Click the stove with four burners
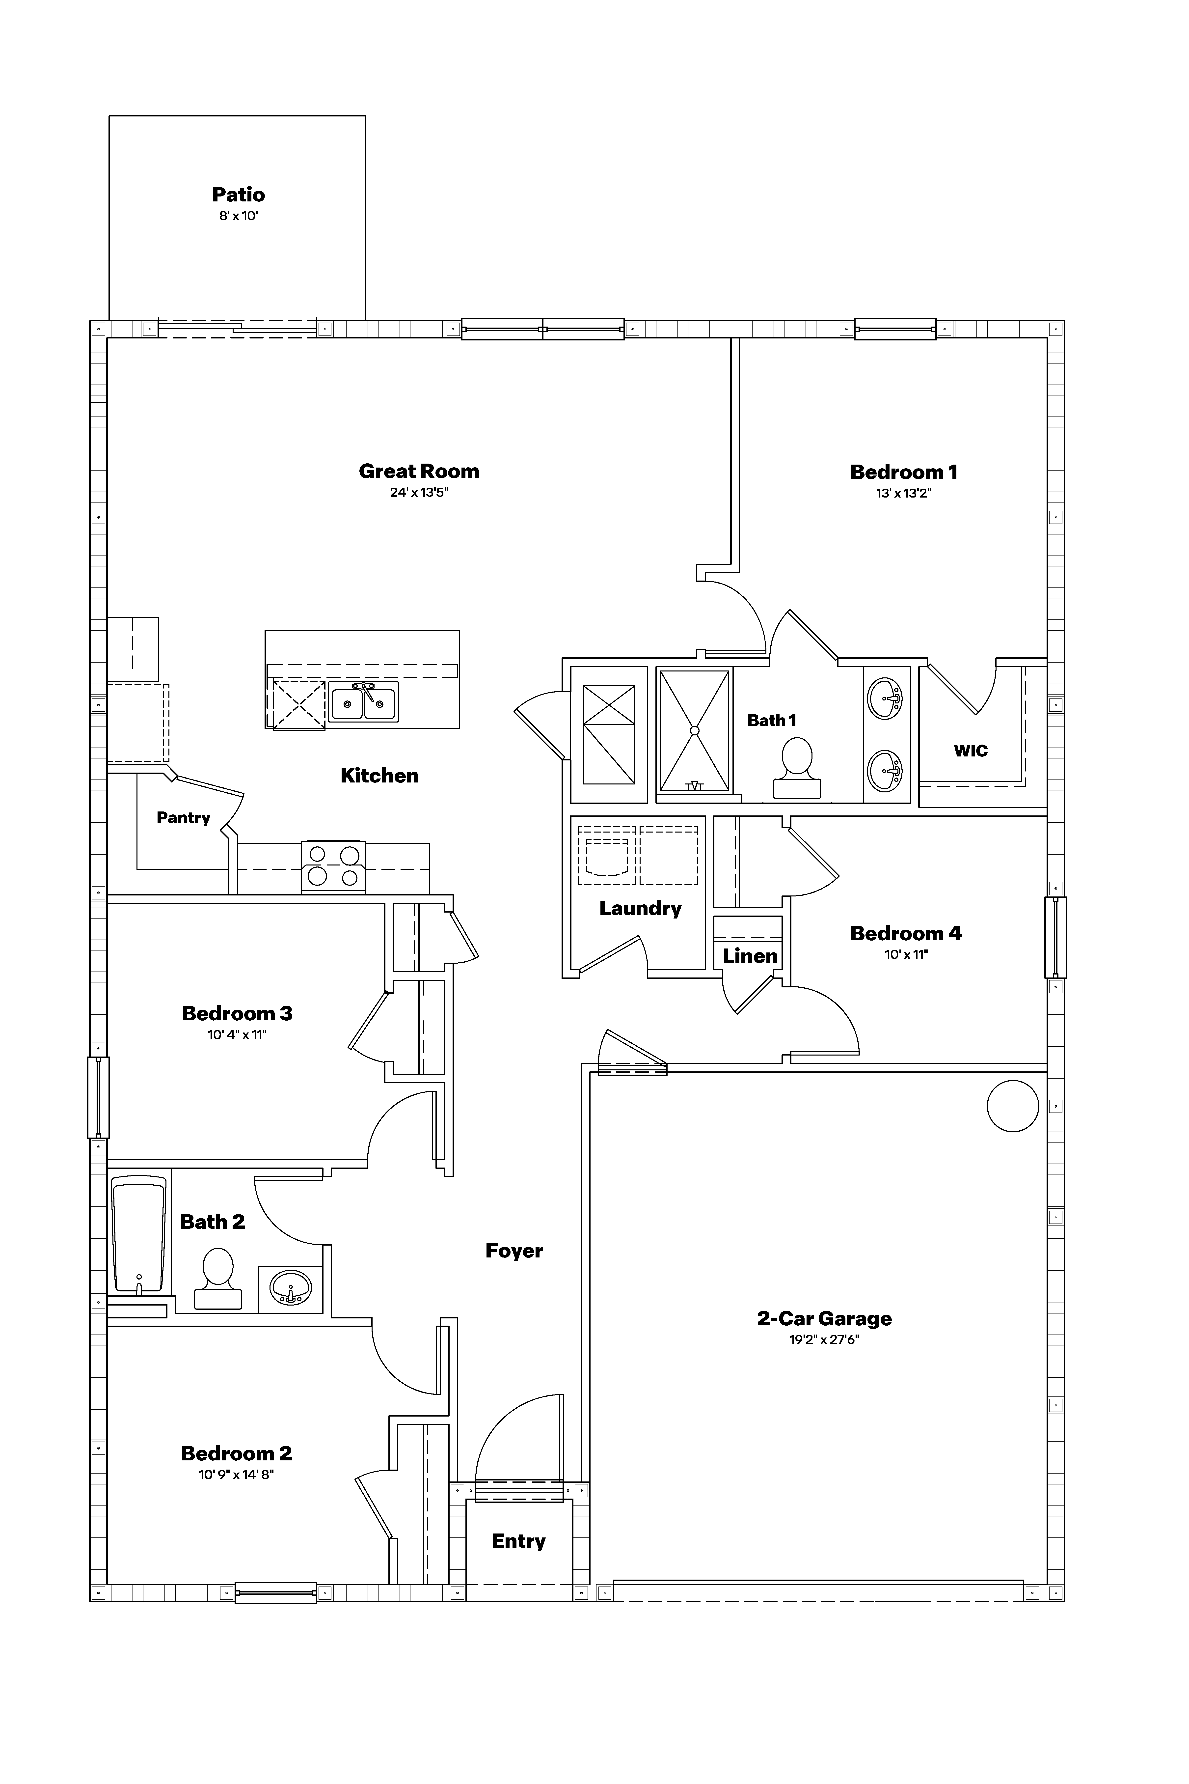pos(334,866)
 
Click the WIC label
pos(971,751)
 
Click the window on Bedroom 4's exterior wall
pos(1055,938)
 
